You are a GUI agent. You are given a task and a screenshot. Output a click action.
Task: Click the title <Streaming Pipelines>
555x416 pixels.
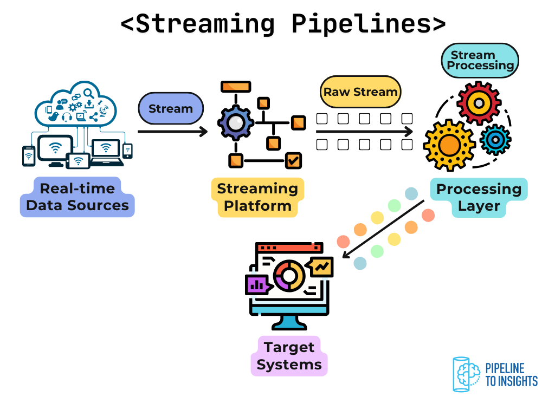tap(283, 24)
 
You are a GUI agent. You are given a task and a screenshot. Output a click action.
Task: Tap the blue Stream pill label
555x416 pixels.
tap(171, 108)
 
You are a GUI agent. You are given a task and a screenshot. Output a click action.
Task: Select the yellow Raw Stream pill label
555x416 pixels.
tap(360, 92)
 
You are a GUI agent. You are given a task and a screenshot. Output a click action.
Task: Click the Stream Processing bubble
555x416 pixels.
tap(480, 60)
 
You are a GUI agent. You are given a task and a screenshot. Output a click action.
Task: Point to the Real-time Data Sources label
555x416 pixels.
tap(77, 197)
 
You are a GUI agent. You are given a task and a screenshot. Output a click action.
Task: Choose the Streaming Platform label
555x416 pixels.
tap(257, 197)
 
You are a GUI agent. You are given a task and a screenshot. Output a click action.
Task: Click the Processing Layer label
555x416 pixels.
tap(479, 197)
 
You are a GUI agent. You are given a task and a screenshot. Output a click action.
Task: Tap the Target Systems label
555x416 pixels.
tap(289, 356)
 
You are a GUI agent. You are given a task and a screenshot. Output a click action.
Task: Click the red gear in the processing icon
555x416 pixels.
tap(479, 103)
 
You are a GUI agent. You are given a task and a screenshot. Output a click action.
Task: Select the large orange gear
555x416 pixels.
tap(449, 145)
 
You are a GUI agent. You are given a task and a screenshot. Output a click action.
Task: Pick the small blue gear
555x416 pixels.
tap(495, 140)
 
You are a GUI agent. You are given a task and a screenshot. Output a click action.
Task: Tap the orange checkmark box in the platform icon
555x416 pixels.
tap(293, 160)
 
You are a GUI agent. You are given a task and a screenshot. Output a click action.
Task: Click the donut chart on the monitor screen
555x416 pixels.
tap(288, 276)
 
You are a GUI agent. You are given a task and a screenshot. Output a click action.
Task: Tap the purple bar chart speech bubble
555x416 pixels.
tap(256, 284)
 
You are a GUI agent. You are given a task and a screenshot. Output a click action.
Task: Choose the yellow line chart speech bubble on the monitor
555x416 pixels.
tap(322, 266)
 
